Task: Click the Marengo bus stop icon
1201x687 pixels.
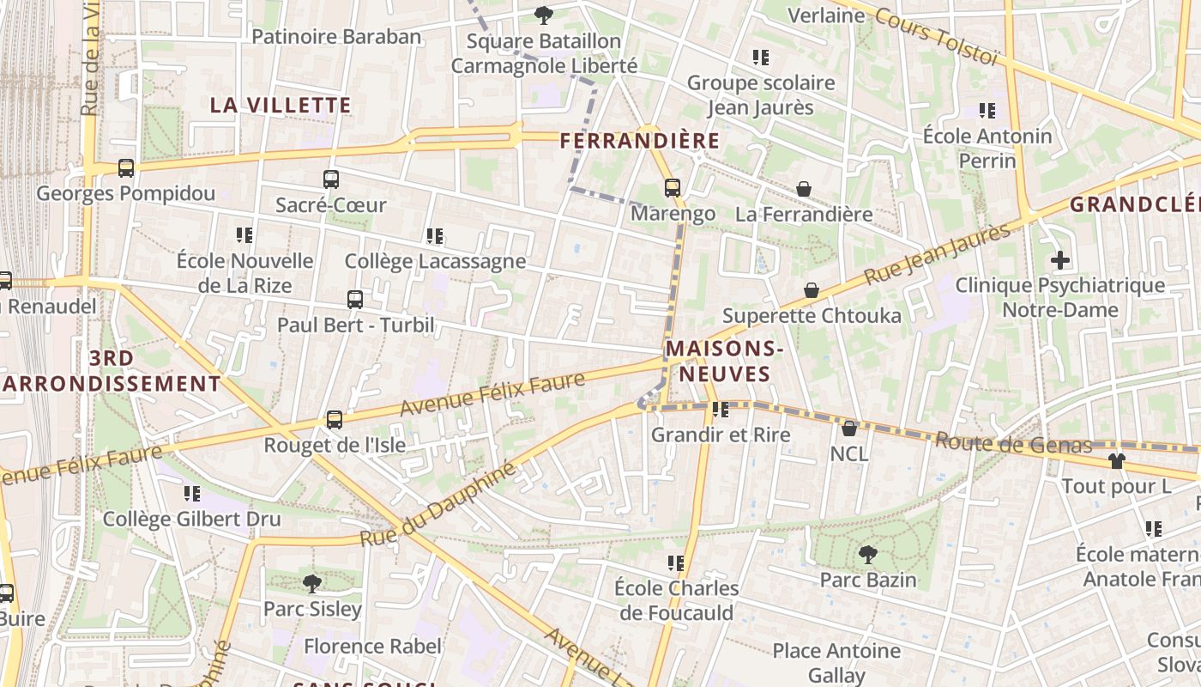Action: point(673,187)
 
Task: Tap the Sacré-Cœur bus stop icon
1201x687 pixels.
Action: point(331,179)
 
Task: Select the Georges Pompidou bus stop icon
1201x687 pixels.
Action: point(126,168)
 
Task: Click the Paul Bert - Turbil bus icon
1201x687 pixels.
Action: point(355,300)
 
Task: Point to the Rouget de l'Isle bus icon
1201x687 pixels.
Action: point(335,420)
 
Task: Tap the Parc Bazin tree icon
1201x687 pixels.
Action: point(868,555)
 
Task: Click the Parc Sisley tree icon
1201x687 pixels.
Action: point(312,584)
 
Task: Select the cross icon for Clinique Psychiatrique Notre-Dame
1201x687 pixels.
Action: point(1060,259)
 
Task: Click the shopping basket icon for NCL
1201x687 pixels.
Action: point(849,428)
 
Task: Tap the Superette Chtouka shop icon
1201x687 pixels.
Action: point(812,290)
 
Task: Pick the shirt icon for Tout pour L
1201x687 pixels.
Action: point(1116,461)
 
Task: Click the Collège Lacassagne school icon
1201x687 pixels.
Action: point(435,235)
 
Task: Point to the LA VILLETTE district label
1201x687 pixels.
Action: point(281,106)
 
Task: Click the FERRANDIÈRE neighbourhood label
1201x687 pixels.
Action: point(640,140)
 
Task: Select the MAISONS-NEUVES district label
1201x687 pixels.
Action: point(724,361)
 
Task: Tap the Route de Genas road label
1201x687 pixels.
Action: point(1013,443)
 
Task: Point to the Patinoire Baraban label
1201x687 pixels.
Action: point(336,36)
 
